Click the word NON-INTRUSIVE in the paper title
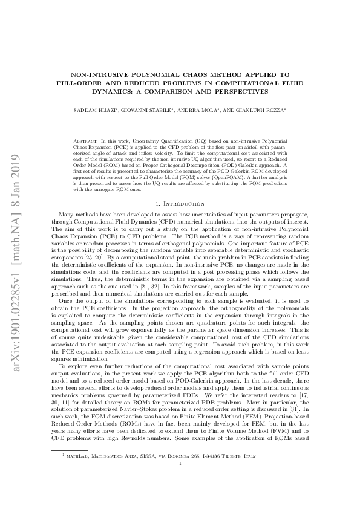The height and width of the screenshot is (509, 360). pos(103,73)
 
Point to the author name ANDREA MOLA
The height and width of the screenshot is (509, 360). pos(195,111)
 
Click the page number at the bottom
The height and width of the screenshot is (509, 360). pos(180,497)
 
